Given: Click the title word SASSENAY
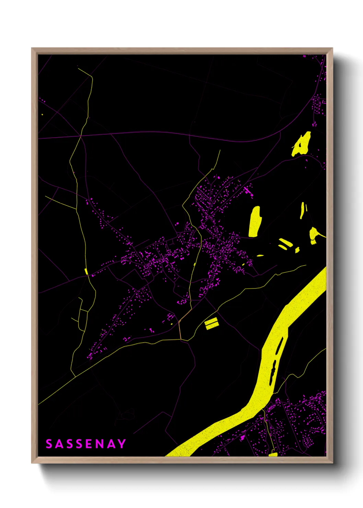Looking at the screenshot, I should pyautogui.click(x=86, y=444).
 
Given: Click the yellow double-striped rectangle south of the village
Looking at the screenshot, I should pyautogui.click(x=211, y=323).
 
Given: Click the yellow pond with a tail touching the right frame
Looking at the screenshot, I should pyautogui.click(x=314, y=235).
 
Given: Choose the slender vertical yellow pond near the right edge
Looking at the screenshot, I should pyautogui.click(x=302, y=210).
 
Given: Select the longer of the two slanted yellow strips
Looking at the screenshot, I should pyautogui.click(x=286, y=242).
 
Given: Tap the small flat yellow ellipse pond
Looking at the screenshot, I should pyautogui.click(x=260, y=255).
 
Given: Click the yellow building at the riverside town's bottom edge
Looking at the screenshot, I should pyautogui.click(x=273, y=454).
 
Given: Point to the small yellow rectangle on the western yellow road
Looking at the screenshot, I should pyautogui.click(x=86, y=271).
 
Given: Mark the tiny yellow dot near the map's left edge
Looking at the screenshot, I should pyautogui.click(x=42, y=114).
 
